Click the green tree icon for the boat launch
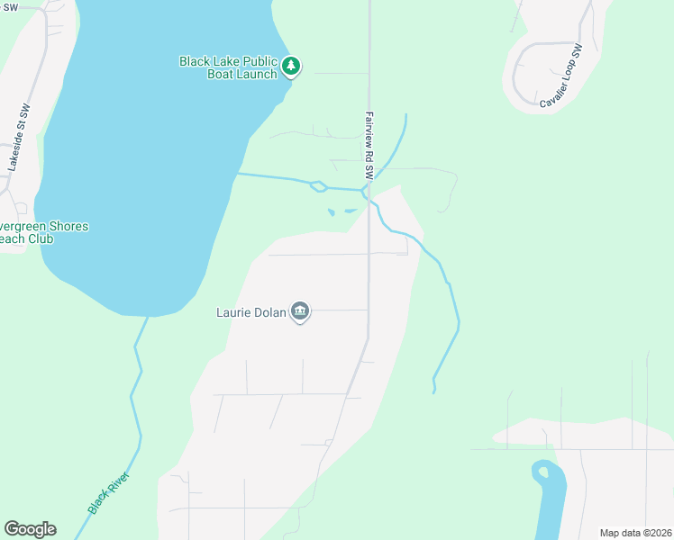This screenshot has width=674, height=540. pyautogui.click(x=290, y=66)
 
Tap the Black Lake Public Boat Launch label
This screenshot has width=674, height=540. pyautogui.click(x=228, y=67)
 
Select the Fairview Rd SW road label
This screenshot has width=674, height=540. pyautogui.click(x=369, y=144)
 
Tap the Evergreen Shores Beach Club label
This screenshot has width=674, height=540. pyautogui.click(x=41, y=232)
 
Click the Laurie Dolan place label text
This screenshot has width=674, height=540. pyautogui.click(x=250, y=313)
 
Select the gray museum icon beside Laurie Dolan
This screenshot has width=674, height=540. pyautogui.click(x=300, y=312)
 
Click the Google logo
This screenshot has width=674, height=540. pyautogui.click(x=30, y=529)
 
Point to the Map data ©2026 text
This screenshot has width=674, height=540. pyautogui.click(x=634, y=533)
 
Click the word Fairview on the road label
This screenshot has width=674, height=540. pyautogui.click(x=369, y=129)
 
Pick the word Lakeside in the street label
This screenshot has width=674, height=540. pyautogui.click(x=15, y=146)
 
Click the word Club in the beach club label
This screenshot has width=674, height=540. pyautogui.click(x=40, y=238)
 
